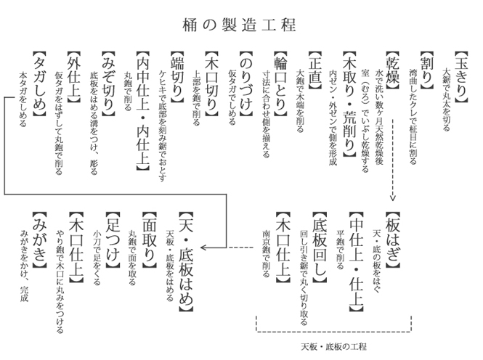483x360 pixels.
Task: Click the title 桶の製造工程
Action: pos(239,25)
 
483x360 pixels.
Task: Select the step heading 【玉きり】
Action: pos(461,77)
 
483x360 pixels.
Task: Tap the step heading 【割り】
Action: pos(426,70)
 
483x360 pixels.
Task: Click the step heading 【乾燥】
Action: pos(392,70)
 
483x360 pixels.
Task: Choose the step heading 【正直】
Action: pos(315,70)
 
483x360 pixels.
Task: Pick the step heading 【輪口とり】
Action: pos(280,83)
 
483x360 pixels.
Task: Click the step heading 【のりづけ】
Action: pos(246,83)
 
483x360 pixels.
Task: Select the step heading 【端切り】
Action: pos(177,77)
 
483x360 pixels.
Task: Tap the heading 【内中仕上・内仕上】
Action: pos(142,110)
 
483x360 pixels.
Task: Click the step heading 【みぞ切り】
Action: pos(108,83)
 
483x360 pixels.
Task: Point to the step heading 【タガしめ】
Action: pos(39,83)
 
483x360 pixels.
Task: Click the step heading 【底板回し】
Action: pos(320,247)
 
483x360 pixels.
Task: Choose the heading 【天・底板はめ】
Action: pos(186,261)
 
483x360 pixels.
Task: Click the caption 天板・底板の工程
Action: pos(333,346)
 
